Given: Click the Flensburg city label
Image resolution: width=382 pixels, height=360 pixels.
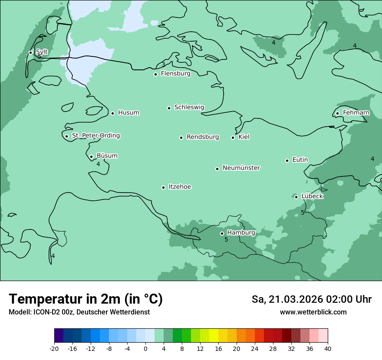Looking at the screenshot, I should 175,74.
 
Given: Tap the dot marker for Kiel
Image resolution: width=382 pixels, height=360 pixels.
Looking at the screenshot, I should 233,137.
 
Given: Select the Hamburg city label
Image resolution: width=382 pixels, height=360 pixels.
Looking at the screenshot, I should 241,233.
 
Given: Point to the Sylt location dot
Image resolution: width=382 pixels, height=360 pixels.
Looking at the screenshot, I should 30,52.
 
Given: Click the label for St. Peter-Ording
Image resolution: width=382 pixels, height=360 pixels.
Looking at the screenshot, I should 95,136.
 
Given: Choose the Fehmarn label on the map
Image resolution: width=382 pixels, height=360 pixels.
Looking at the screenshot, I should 356,113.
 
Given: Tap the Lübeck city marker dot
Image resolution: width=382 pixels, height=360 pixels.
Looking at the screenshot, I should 296,197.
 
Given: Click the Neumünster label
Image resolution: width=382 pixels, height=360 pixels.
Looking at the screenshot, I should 241,168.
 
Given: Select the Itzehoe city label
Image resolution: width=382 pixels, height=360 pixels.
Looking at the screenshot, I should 180,187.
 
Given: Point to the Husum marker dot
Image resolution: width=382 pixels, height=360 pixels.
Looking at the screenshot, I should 112,113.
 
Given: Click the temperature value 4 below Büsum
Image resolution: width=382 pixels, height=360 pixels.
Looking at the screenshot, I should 98,164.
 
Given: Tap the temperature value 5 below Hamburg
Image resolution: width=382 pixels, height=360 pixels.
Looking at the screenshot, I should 226,239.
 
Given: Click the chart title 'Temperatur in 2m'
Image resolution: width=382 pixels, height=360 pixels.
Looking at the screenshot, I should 86,299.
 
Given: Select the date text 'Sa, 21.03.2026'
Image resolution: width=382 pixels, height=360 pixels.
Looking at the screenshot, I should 287,299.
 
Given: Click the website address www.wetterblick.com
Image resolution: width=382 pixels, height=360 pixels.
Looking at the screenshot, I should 313,312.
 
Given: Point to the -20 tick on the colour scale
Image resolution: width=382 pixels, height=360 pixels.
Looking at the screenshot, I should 54,348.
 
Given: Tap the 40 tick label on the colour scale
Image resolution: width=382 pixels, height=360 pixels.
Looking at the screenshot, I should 328,348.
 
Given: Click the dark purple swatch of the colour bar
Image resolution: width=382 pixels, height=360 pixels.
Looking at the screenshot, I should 59,336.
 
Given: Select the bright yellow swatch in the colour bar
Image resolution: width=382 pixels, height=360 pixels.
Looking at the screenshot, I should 214,336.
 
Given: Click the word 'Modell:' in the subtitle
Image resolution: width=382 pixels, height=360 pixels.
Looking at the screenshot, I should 19,312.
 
